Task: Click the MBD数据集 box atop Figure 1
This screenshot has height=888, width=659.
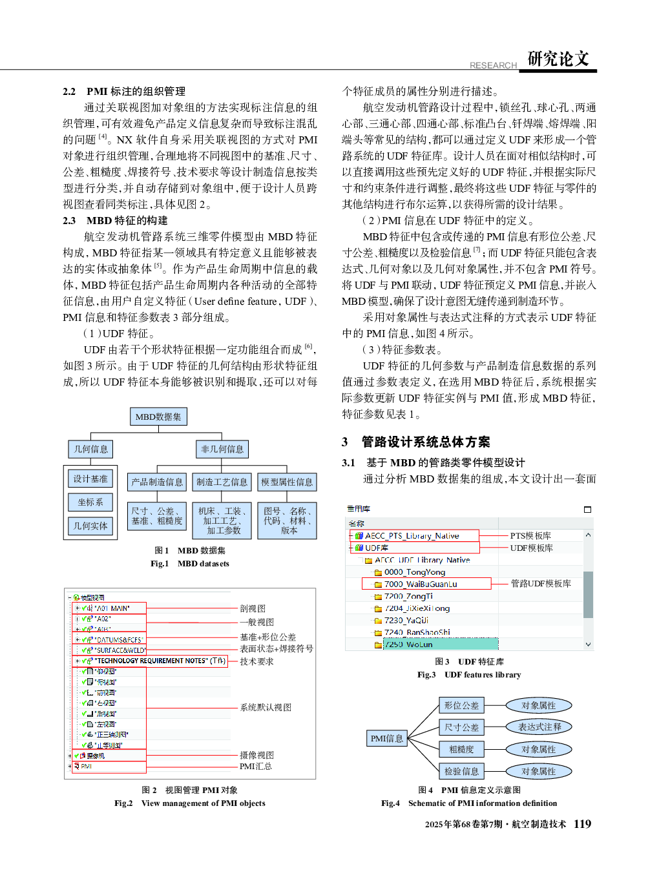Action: click(x=158, y=417)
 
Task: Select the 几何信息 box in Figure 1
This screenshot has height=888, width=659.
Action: click(x=90, y=449)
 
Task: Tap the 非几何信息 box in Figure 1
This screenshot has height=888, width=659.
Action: click(x=222, y=449)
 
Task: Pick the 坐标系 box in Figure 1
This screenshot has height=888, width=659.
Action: click(x=90, y=502)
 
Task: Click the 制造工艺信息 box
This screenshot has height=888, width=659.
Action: click(x=222, y=482)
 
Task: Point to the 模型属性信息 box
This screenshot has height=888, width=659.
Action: click(x=286, y=482)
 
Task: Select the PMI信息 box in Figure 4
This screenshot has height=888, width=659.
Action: click(x=386, y=738)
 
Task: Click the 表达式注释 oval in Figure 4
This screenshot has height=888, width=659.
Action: click(x=539, y=727)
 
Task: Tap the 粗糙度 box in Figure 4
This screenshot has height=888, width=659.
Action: click(x=461, y=749)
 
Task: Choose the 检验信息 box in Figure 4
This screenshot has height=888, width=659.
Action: click(x=461, y=771)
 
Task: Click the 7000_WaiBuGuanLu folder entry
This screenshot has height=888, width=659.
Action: click(x=420, y=584)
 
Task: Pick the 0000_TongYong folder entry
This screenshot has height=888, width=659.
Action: click(x=414, y=572)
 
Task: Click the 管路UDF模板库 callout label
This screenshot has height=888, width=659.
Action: click(x=541, y=583)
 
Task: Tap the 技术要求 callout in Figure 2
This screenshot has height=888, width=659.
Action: click(x=256, y=661)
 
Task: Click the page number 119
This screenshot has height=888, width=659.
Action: click(x=582, y=823)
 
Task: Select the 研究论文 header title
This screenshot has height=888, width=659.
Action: click(x=558, y=59)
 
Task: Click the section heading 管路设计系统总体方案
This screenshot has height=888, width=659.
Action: click(x=425, y=442)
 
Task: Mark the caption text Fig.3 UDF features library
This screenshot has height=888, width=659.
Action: click(x=469, y=674)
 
